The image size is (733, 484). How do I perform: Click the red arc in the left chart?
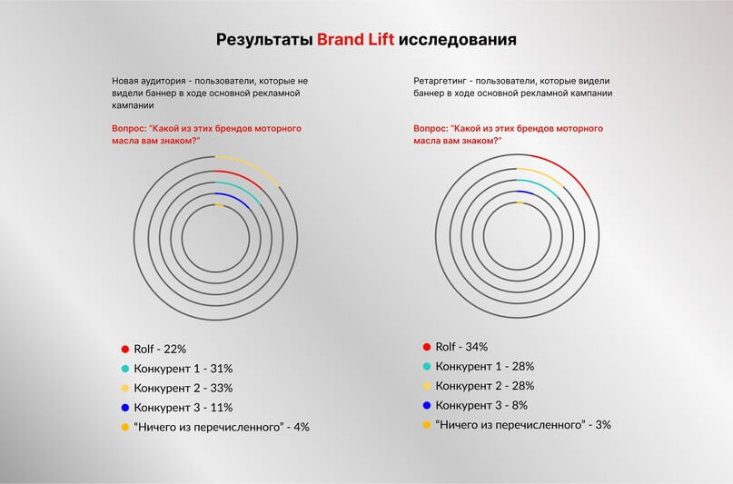pyautogui.click(x=243, y=177)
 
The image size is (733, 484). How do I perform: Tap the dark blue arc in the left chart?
pyautogui.click(x=234, y=199)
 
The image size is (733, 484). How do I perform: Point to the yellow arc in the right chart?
pyautogui.click(x=544, y=174)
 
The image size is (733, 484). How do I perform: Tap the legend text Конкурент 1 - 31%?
pyautogui.click(x=184, y=369)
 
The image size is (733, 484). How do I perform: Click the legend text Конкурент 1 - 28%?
pyautogui.click(x=485, y=366)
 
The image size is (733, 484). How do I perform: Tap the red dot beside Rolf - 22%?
pyautogui.click(x=124, y=349)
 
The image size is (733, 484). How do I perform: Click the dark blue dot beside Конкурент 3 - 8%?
pyautogui.click(x=425, y=405)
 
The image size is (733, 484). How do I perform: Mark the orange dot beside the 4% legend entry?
pyautogui.click(x=124, y=427)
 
